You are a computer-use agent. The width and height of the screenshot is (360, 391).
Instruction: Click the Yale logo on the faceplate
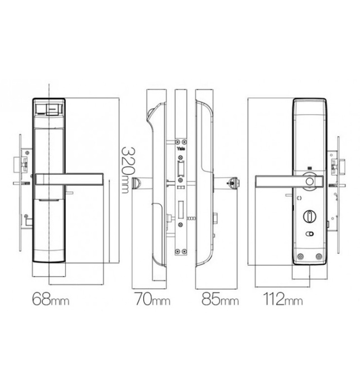click(180, 149)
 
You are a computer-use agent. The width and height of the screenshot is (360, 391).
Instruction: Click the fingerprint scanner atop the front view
click(50, 108)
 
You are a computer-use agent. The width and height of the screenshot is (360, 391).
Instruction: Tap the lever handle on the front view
click(70, 179)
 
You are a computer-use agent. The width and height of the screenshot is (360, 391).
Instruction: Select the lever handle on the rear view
click(279, 182)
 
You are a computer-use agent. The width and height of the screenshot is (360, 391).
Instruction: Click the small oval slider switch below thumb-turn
click(309, 235)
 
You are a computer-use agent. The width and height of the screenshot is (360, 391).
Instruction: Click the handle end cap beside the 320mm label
click(136, 183)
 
